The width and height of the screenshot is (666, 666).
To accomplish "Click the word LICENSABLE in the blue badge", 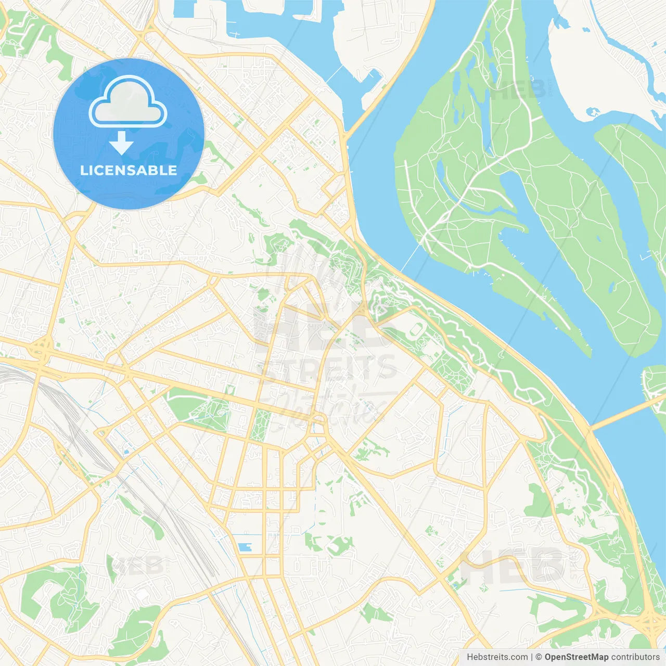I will coord(129,170).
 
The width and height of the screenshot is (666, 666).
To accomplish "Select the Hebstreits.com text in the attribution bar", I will coord(497,657).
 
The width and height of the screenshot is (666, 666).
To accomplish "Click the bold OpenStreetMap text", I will coord(576,657).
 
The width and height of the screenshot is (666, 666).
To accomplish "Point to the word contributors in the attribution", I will coord(635,657).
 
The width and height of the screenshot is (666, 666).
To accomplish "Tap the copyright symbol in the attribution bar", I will coord(539,657).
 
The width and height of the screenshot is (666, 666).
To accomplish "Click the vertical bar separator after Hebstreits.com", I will coord(532,657).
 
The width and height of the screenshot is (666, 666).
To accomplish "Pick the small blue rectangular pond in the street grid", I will coord(244,547).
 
